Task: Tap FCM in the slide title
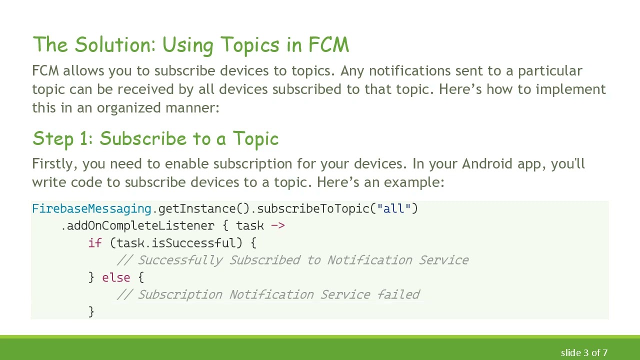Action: tap(328, 45)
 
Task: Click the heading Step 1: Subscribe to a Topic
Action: tap(155, 138)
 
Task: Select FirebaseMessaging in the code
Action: tap(91, 208)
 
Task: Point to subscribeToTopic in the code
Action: tap(313, 208)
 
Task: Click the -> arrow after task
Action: tap(277, 226)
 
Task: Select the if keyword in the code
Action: tap(95, 243)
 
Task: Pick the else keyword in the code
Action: tap(116, 277)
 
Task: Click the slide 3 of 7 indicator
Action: tap(584, 353)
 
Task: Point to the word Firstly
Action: tap(53, 164)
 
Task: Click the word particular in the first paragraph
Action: tap(549, 71)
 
